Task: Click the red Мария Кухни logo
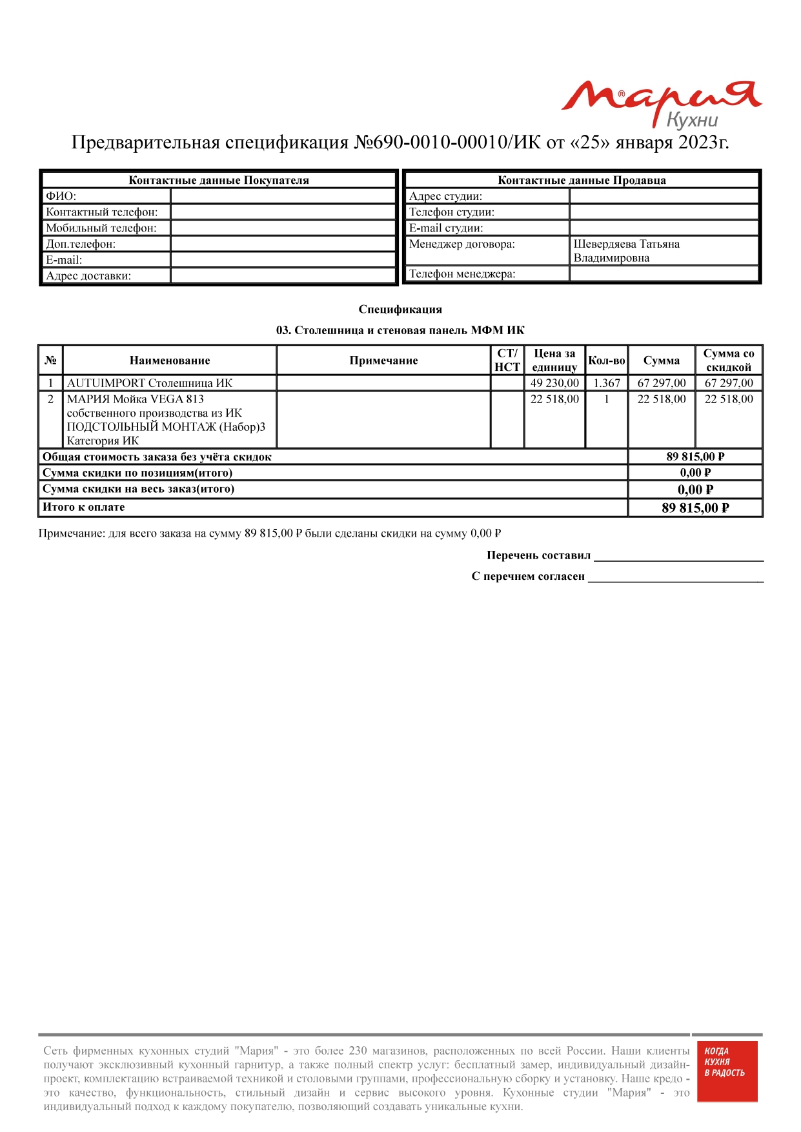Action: coord(662,103)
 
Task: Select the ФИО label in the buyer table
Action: coord(61,196)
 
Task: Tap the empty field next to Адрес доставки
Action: coord(283,276)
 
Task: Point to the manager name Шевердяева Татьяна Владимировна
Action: coord(625,251)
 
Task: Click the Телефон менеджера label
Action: coord(462,274)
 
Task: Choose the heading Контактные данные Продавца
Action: coord(582,181)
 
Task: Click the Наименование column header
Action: coord(170,361)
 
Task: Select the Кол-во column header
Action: coord(606,361)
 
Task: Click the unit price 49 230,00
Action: coord(554,383)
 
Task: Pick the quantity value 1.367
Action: coord(606,383)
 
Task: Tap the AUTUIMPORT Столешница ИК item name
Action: coord(150,383)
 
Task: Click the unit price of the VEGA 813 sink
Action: coord(554,399)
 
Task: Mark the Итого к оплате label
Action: coord(84,508)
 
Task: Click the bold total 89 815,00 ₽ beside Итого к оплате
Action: coord(695,508)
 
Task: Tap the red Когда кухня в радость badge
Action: coord(727,1071)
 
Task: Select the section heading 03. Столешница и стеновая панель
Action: coord(400,331)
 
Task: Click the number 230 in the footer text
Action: coord(358,1051)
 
